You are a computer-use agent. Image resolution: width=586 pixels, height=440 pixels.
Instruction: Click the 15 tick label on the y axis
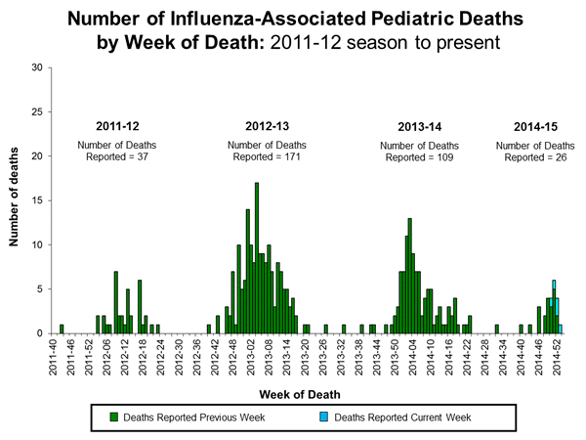36,200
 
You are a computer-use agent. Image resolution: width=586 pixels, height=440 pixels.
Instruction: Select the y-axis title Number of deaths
17,199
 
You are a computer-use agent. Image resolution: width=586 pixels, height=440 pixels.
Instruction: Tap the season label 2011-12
116,127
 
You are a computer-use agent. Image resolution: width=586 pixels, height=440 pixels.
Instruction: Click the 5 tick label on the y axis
38,288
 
